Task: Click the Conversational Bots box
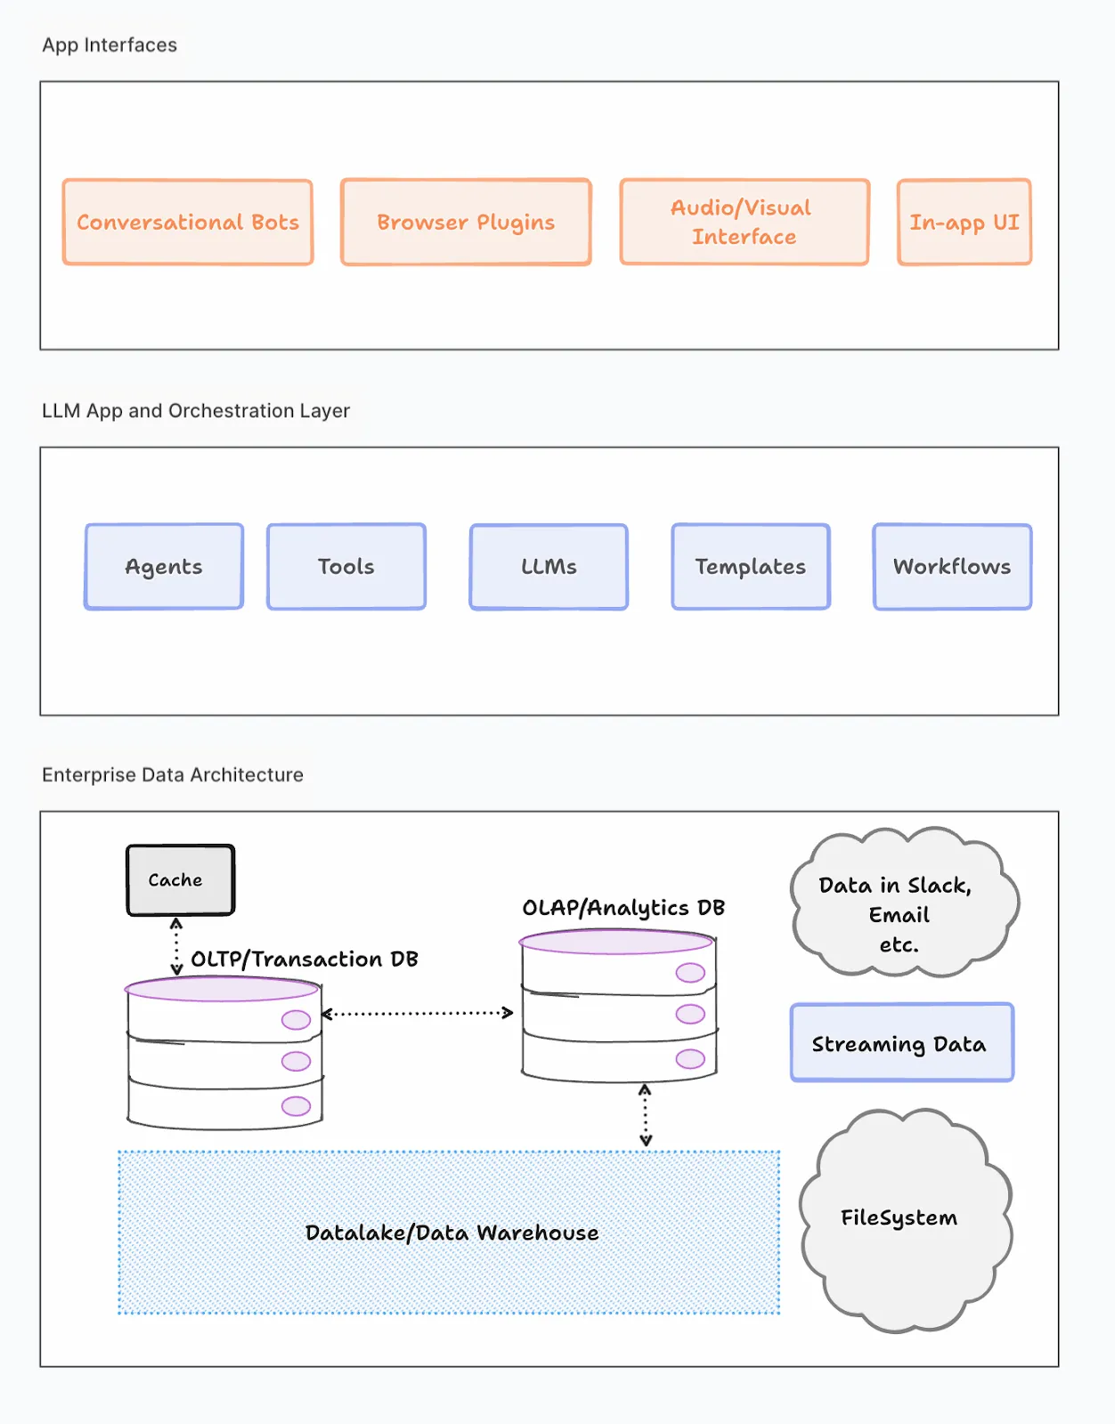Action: [x=188, y=222]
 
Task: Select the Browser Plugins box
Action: [x=466, y=222]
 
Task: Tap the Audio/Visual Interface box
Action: [x=745, y=222]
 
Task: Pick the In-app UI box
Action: [x=964, y=222]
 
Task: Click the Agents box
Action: [x=164, y=567]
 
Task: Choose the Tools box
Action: [x=346, y=567]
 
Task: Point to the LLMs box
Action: [x=549, y=567]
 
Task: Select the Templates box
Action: [x=751, y=567]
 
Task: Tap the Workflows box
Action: [x=952, y=567]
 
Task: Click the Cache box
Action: [x=180, y=880]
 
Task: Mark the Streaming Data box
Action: [x=901, y=1043]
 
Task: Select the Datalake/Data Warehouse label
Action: [x=452, y=1233]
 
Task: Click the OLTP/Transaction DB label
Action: [x=305, y=959]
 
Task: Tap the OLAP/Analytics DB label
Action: [x=623, y=908]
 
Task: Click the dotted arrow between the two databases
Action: [x=417, y=1013]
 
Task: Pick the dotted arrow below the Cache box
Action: [x=176, y=946]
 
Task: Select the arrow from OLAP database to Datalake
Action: [x=646, y=1115]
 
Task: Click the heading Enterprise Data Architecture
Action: [x=173, y=775]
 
